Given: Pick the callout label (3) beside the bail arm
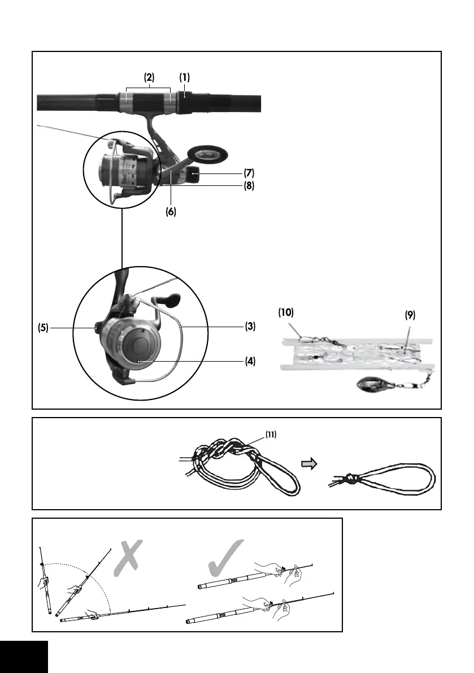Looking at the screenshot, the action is [250, 326].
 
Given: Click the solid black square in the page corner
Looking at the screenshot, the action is [24, 656].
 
